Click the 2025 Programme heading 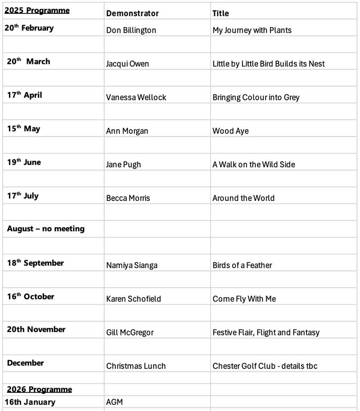pos(37,10)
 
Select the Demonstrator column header pos(132,13)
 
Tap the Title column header pos(220,13)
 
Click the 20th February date pos(29,28)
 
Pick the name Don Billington pos(131,30)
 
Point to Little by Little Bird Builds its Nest pos(268,64)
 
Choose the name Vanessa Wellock pos(136,97)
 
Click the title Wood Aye pos(230,131)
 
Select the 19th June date pos(24,162)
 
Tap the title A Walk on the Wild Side pos(254,165)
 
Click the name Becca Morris pos(128,198)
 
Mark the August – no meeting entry pos(45,229)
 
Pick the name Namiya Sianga pos(132,265)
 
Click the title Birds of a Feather pos(242,265)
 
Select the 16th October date pos(31,297)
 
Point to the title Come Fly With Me pos(244,299)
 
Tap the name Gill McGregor pos(130,332)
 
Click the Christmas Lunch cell pos(136,366)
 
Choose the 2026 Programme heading pos(39,389)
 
